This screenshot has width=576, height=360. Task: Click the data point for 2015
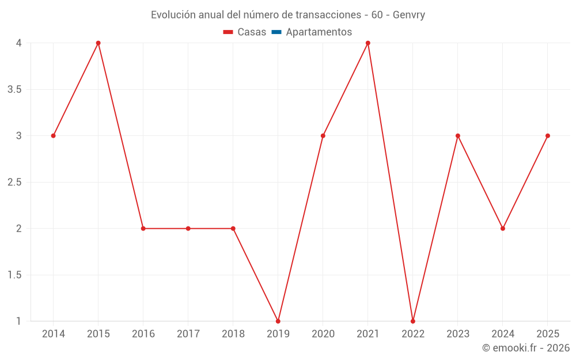(98, 43)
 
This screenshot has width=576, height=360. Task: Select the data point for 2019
(278, 321)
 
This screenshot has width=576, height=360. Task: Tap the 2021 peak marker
(368, 43)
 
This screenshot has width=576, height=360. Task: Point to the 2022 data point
(413, 321)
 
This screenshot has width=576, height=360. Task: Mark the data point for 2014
(53, 136)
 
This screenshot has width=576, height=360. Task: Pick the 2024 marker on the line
(503, 229)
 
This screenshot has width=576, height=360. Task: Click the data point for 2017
(188, 229)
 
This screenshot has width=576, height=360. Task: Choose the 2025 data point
(548, 136)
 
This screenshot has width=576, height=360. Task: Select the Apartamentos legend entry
(319, 32)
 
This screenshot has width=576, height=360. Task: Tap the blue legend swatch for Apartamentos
(276, 32)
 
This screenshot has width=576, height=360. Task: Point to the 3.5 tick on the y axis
(15, 89)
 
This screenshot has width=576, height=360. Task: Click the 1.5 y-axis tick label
(15, 275)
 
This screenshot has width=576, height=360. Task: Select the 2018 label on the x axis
(233, 334)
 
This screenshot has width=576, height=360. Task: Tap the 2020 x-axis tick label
(323, 334)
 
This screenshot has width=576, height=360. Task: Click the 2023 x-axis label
(458, 334)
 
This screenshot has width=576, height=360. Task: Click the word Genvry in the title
(409, 15)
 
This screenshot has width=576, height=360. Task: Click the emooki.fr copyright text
(526, 348)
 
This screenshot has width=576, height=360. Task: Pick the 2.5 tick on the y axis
(15, 182)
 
